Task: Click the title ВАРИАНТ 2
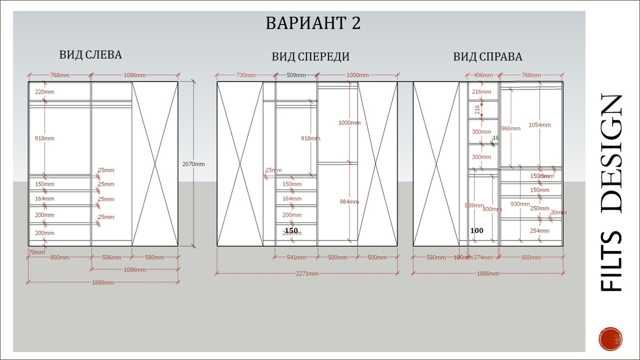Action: pos(313,23)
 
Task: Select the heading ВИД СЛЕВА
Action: pos(91,55)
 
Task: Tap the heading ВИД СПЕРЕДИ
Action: pos(310,57)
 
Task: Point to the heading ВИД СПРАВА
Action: pos(488,57)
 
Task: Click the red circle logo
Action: pos(610,338)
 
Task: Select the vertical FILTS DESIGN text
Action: pos(611,192)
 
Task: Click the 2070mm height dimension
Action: pos(193,164)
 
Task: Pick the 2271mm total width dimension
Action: pos(307,274)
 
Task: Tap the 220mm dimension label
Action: pos(45,92)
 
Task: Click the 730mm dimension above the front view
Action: pos(246,75)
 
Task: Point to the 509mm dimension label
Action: pos(296,75)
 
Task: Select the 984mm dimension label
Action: pos(349,202)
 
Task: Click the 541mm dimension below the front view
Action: pos(296,258)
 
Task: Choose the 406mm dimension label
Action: pos(483,75)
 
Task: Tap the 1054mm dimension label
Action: pos(539,125)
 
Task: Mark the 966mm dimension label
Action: pos(510,128)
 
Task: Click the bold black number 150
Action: pos(291,230)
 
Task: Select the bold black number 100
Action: pos(477,230)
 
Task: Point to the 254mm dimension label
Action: pos(539,231)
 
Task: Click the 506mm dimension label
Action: pos(112,258)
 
